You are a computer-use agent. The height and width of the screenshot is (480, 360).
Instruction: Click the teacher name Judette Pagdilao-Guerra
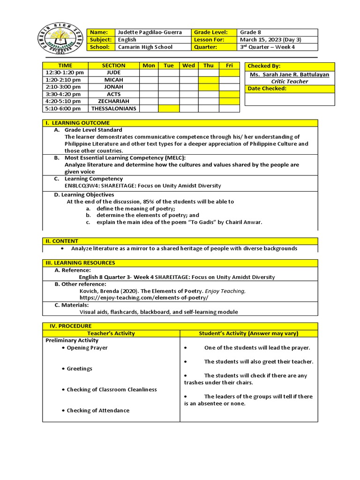(148, 32)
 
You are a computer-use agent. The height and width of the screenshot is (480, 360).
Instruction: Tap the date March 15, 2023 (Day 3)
(270, 40)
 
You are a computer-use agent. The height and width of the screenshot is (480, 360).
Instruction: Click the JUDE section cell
(113, 73)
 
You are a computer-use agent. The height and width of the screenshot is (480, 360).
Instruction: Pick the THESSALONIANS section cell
(113, 108)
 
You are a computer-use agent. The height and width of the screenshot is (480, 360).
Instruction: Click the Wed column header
(188, 66)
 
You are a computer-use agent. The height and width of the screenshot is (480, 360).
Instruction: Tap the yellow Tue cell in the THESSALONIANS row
(169, 108)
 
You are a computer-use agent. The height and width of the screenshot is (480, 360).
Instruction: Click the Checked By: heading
(264, 66)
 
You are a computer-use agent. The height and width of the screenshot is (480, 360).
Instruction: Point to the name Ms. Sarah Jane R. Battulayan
(290, 75)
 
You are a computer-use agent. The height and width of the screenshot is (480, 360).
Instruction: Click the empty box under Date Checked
(290, 99)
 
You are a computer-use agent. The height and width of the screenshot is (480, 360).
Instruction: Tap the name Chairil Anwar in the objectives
(244, 222)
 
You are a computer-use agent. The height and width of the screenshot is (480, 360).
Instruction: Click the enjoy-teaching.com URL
(144, 298)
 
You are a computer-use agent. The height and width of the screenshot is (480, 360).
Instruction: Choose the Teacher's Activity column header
(111, 333)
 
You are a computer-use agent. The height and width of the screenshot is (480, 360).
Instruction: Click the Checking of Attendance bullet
(97, 411)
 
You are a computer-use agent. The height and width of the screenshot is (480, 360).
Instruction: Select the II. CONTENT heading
(62, 241)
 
